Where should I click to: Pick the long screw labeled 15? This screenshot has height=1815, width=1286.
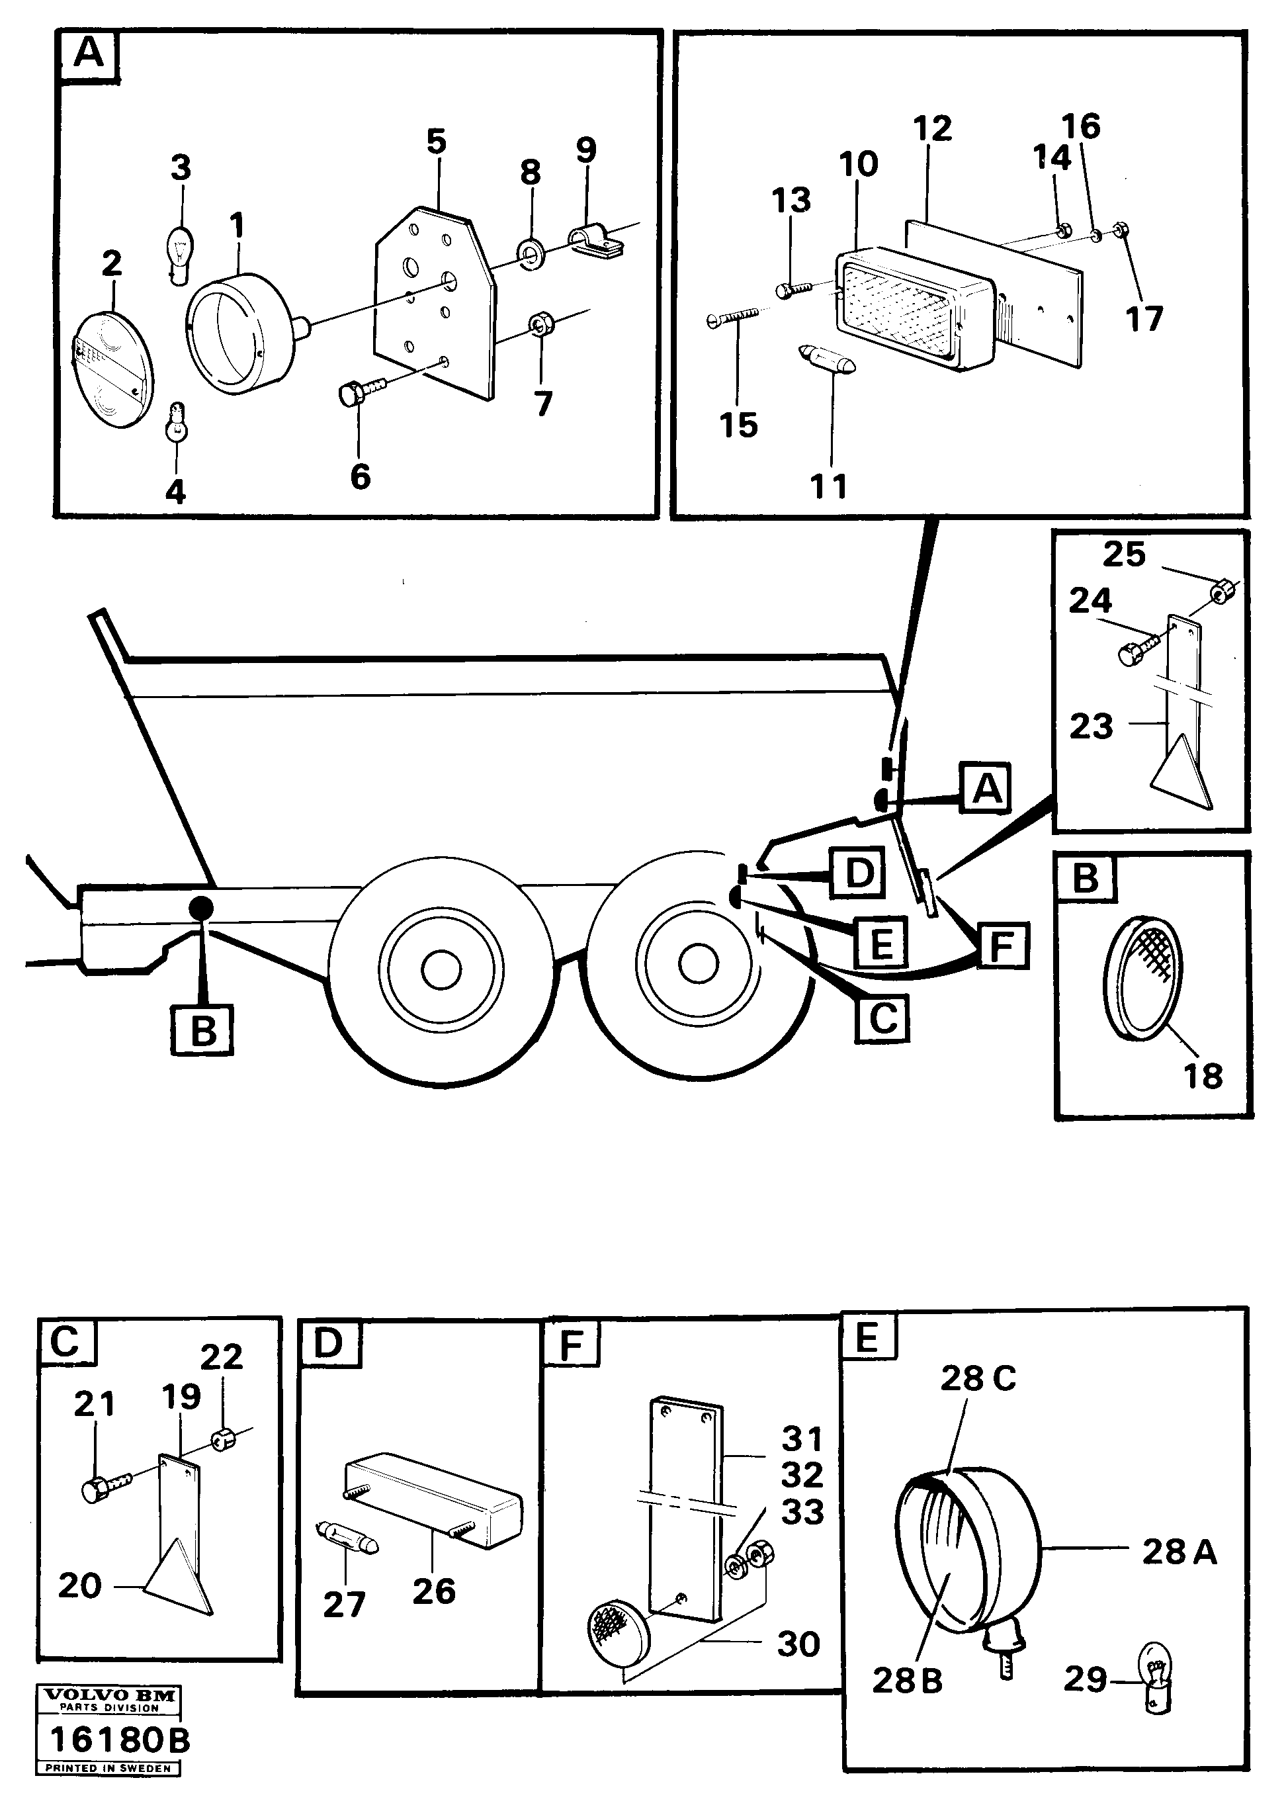(x=732, y=318)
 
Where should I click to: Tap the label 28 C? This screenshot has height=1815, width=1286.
(x=977, y=1379)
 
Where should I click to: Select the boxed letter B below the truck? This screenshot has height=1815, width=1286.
(x=202, y=1031)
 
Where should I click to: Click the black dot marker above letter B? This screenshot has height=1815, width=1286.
(x=200, y=908)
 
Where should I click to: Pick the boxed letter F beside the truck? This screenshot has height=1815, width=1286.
(x=1002, y=946)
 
